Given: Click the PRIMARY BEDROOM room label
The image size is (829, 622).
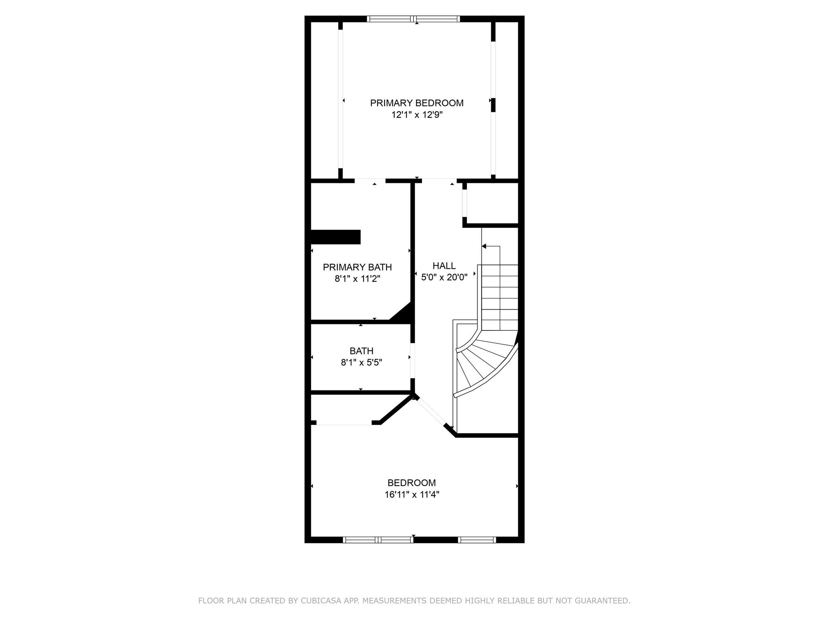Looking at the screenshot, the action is click(x=417, y=103).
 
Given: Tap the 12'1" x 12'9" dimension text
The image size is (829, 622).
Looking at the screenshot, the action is click(x=417, y=115).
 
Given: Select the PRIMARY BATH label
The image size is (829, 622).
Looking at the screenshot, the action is click(x=357, y=267).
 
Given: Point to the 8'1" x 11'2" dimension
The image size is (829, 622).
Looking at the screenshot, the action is click(x=357, y=279).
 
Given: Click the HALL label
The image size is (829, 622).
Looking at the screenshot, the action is click(x=444, y=266).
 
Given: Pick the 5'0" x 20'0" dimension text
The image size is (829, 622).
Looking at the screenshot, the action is click(x=444, y=277).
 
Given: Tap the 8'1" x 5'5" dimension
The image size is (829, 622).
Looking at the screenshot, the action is click(x=361, y=362).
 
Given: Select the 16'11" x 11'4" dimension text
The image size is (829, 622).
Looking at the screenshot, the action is click(x=412, y=494).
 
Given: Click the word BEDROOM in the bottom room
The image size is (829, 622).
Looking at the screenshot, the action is click(x=412, y=483).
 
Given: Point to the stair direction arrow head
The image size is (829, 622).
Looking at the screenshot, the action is click(x=484, y=246).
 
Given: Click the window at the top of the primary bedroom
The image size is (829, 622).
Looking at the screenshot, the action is click(x=413, y=19).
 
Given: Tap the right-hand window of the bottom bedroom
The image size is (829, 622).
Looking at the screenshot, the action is click(x=477, y=540).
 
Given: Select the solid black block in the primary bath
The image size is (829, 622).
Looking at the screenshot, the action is click(x=336, y=237).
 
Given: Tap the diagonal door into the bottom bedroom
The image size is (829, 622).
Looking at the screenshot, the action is click(x=432, y=413).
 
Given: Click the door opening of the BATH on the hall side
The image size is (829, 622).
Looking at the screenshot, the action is click(x=412, y=360).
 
